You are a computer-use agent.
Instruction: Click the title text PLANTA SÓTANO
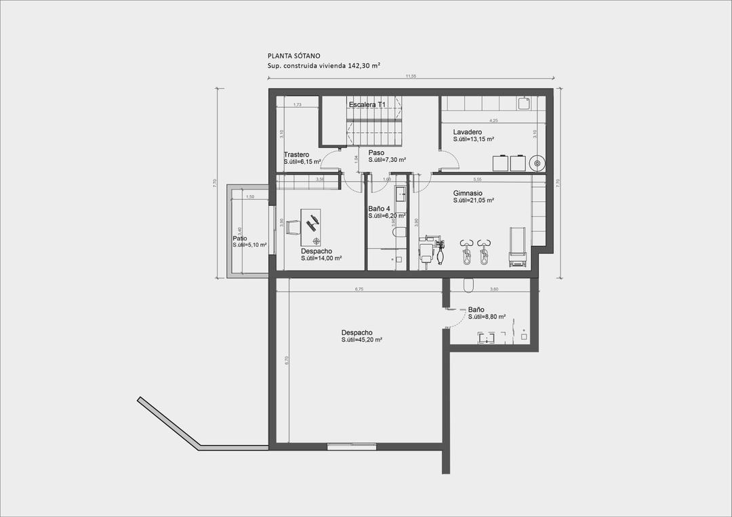coord(293,56)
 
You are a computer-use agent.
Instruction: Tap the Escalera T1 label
coord(367,105)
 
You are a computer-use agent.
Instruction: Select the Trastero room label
coord(297,154)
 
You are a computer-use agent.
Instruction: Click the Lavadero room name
coord(467,131)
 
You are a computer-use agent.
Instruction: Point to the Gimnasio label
coord(468,193)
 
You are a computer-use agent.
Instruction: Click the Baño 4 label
coord(380,209)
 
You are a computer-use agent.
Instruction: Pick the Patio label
coord(239,239)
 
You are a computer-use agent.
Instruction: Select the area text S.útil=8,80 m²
coord(487,316)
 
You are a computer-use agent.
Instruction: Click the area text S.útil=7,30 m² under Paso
coord(387,160)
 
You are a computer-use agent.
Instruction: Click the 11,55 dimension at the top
coord(411,77)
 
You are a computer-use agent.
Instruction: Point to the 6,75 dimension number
coord(359,289)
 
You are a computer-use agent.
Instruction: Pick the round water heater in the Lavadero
coord(537,163)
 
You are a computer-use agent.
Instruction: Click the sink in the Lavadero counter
coord(524,104)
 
